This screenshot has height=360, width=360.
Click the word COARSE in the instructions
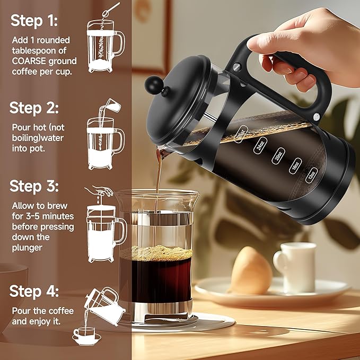pos(30,60)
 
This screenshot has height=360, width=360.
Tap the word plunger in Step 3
pos(30,247)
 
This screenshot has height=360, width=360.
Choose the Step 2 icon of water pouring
pos(105,135)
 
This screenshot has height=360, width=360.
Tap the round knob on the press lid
pos(154,84)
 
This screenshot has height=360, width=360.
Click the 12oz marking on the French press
pos(312,173)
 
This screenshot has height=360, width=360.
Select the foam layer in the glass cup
pos(156,253)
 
